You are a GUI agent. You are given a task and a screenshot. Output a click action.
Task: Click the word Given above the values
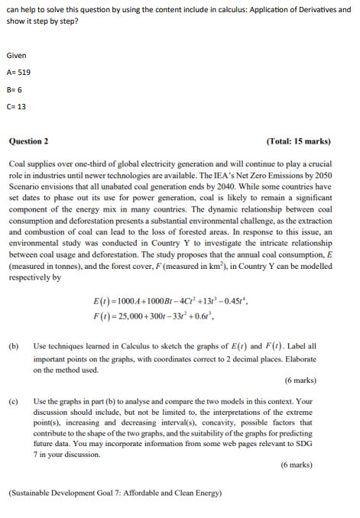(16, 56)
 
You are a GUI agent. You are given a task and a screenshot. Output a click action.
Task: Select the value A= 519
(18, 73)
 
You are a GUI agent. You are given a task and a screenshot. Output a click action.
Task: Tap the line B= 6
(15, 89)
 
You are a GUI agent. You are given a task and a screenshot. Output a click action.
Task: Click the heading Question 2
(28, 141)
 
